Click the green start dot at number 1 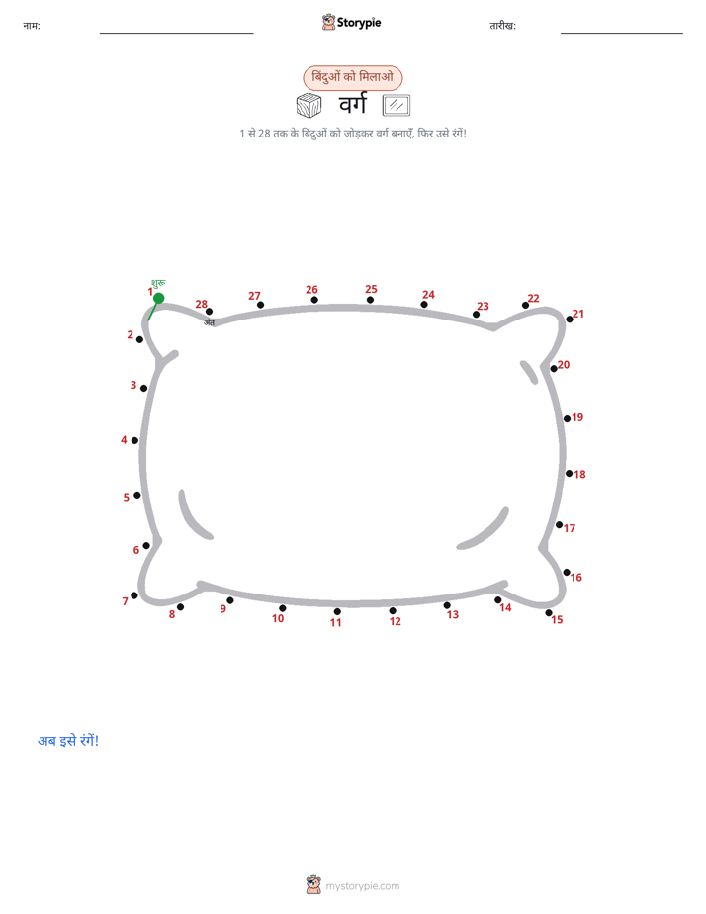pyautogui.click(x=158, y=299)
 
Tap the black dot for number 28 pyautogui.click(x=209, y=312)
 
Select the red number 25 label pyautogui.click(x=371, y=289)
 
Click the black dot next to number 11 pyautogui.click(x=337, y=611)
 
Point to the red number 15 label pyautogui.click(x=557, y=619)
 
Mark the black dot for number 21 pyautogui.click(x=570, y=320)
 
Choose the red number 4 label pyautogui.click(x=124, y=439)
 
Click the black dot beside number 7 pyautogui.click(x=134, y=595)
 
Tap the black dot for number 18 pyautogui.click(x=570, y=473)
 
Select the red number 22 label pyautogui.click(x=533, y=298)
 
